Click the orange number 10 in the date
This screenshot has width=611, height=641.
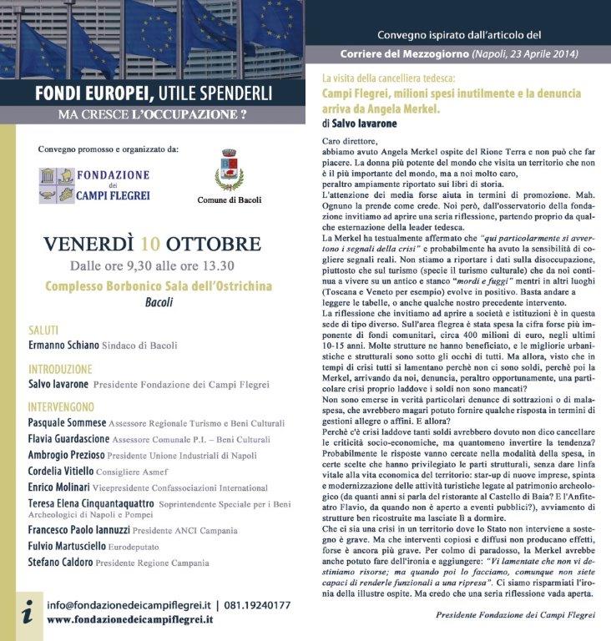150,245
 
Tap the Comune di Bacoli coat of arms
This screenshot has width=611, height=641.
229,171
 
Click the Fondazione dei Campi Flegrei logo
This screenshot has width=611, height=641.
94,185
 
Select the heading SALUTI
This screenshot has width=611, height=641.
44,330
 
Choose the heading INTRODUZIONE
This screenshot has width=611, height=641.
60,368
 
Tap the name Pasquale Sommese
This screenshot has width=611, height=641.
67,423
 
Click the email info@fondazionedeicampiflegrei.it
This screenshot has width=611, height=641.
129,605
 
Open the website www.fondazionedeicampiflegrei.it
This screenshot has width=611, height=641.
129,620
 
